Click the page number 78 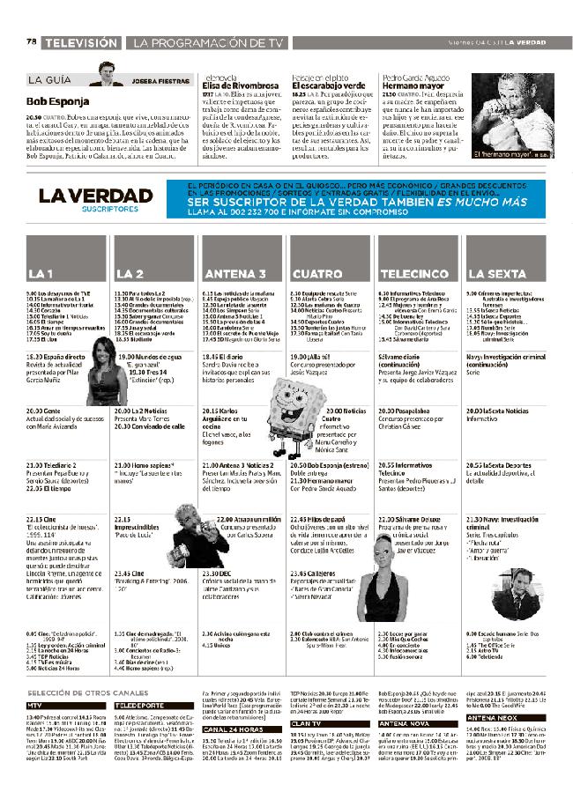(x=32, y=41)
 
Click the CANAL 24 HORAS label (x=231, y=754)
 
